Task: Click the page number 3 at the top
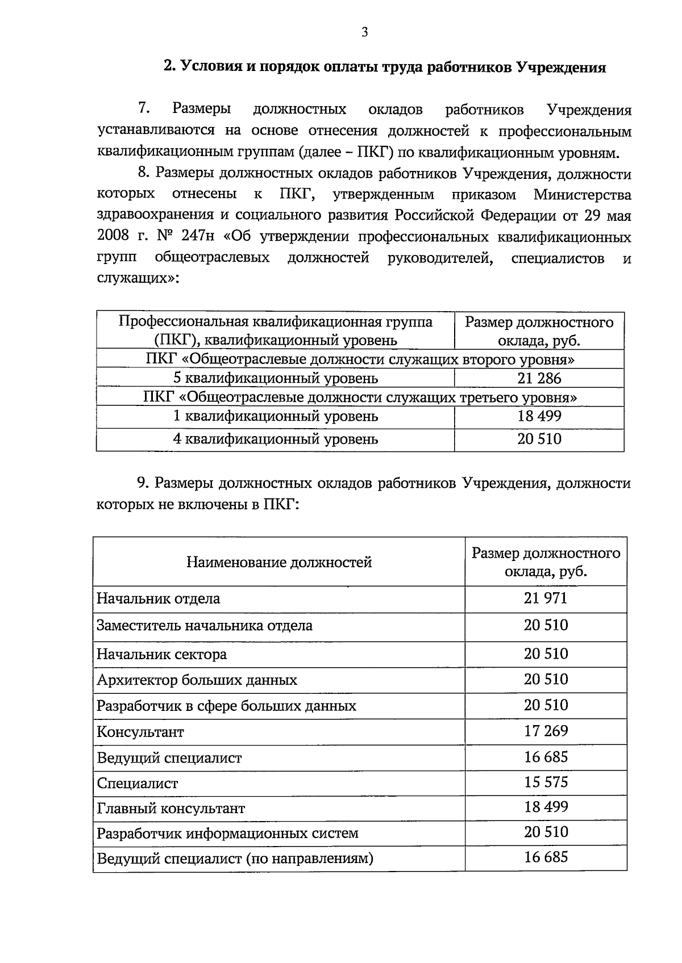pos(364,32)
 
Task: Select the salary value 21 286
pos(539,378)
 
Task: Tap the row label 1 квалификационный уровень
pos(275,416)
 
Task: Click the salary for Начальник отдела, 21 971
pos(545,598)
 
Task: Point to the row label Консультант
pos(140,732)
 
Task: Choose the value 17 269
pos(545,731)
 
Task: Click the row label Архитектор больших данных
pos(197,680)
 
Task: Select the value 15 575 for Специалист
pos(545,782)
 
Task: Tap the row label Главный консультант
pos(170,808)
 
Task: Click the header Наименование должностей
pos(279,562)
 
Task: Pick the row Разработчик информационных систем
pos(227,834)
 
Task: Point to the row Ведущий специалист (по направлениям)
pos(235,859)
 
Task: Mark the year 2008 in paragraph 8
pos(113,237)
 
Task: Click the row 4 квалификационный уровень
pos(275,439)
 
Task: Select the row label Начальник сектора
pos(161,654)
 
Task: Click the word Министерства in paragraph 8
pos(582,195)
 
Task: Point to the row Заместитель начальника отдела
pos(205,626)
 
